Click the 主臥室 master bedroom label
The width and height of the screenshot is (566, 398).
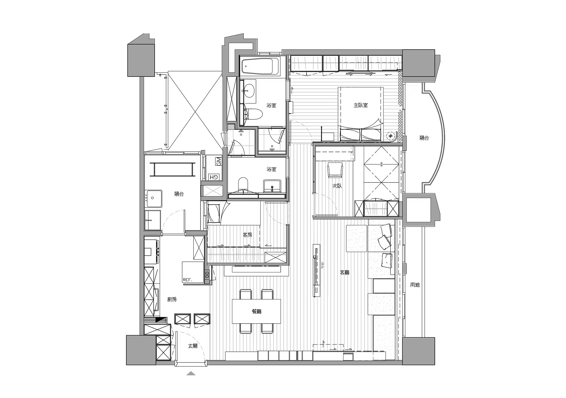coord(361,105)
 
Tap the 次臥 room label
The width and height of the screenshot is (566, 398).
coord(337,186)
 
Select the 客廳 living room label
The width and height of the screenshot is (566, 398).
coord(345,272)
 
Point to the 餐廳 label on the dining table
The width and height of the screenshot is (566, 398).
coord(257,311)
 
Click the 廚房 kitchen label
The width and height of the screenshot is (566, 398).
coord(172,299)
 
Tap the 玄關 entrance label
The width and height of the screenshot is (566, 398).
coord(193,346)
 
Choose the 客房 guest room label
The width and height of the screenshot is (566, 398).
coord(247,235)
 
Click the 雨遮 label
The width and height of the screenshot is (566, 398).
coord(415,285)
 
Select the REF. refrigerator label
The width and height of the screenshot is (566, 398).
coord(188,280)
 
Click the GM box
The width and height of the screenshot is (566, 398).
coord(218,161)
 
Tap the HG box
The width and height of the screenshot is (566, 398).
coord(214,177)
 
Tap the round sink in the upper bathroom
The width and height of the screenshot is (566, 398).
coord(249,91)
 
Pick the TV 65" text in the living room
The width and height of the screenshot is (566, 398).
coord(322,265)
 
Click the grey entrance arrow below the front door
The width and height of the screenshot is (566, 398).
coord(191,373)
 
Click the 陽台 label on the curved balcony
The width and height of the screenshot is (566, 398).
coord(424,138)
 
